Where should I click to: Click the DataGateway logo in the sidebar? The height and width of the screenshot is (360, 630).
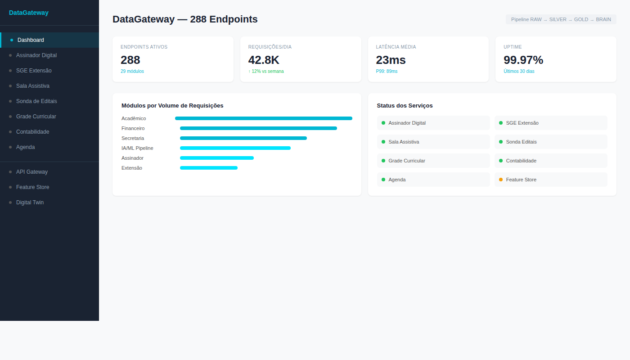(x=29, y=13)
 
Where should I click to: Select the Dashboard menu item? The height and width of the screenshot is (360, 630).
(x=31, y=40)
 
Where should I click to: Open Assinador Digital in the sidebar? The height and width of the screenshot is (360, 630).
(x=36, y=55)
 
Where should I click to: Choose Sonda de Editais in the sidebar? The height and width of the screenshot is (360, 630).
(x=36, y=101)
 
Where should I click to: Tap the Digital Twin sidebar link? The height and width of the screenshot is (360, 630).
(x=30, y=202)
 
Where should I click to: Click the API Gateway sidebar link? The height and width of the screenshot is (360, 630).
(x=31, y=172)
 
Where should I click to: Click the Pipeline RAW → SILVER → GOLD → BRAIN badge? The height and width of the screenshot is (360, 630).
(x=561, y=19)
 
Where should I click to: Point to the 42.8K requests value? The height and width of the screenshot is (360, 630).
(x=264, y=60)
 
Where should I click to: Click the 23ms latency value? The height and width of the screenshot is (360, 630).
(x=391, y=60)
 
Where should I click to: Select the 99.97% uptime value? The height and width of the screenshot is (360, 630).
(x=523, y=60)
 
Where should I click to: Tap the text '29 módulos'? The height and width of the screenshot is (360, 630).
(x=132, y=71)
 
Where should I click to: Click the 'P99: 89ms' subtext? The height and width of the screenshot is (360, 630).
(x=387, y=71)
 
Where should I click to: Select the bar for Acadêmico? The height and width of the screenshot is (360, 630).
(x=263, y=118)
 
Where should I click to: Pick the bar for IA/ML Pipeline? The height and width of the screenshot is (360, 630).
(x=235, y=148)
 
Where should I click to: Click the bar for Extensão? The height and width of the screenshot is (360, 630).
(x=208, y=168)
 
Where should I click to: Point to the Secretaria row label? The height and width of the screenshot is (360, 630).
(x=133, y=138)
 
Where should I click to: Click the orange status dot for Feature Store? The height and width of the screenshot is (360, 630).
(x=501, y=180)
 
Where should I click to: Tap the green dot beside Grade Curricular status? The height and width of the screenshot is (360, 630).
(x=383, y=161)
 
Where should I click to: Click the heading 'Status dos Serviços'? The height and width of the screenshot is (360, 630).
(x=405, y=106)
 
